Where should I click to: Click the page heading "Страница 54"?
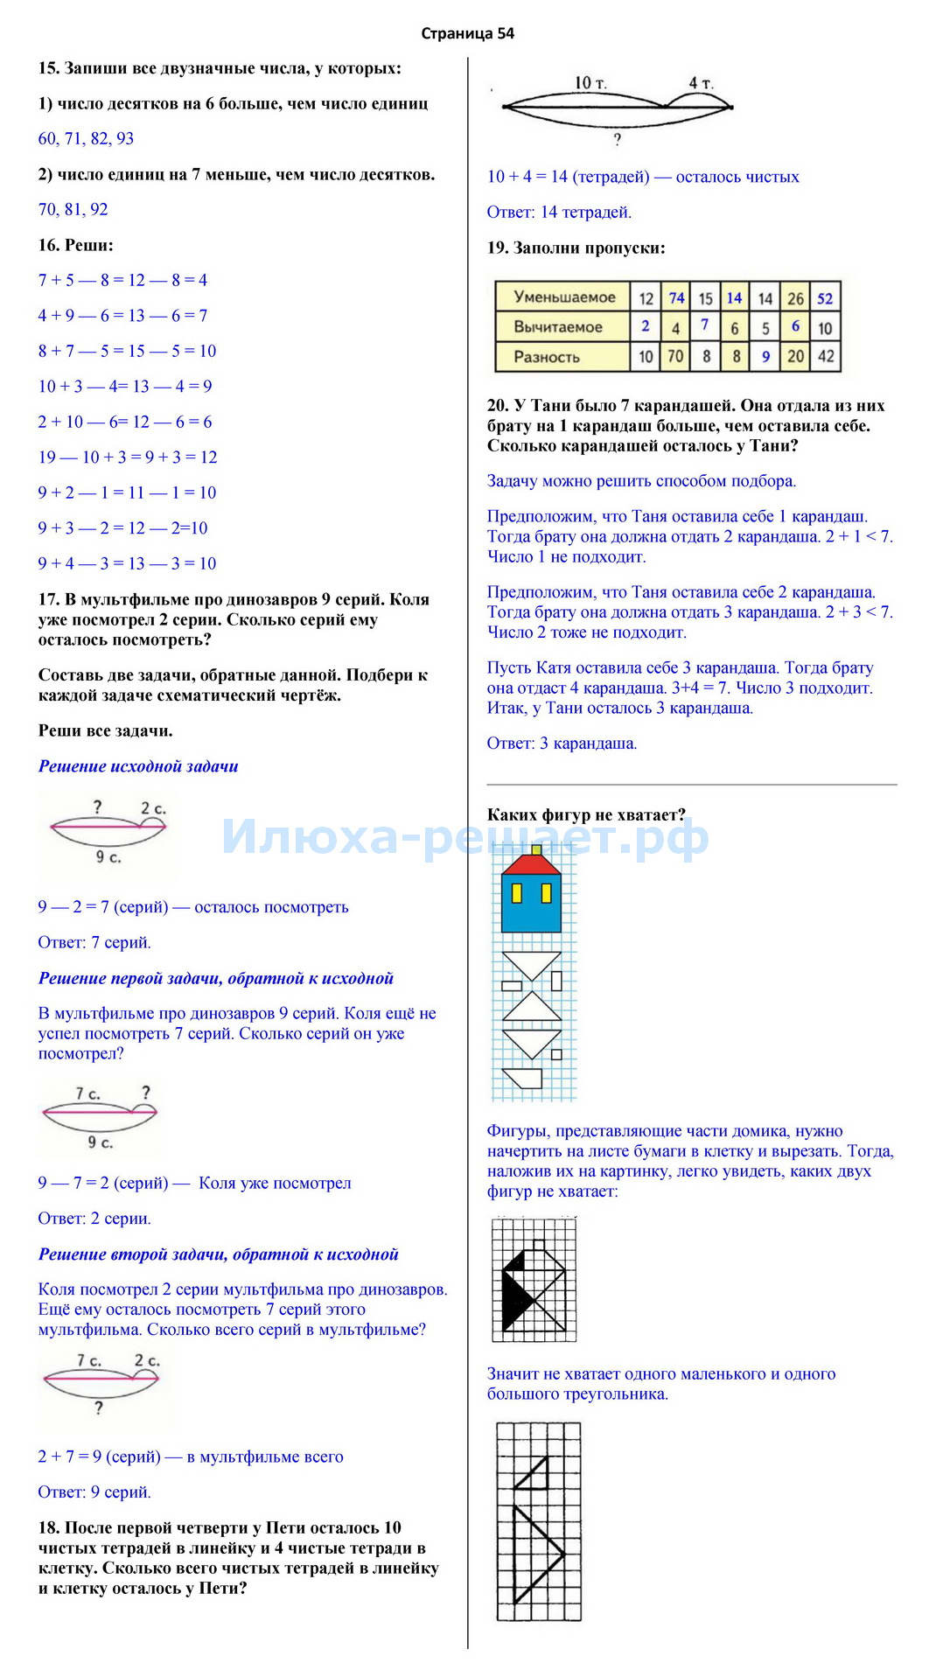[467, 34]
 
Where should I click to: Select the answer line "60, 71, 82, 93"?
[86, 138]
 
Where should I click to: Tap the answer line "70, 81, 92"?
[73, 209]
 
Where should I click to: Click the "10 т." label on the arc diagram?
[590, 83]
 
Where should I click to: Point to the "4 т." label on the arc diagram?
[700, 83]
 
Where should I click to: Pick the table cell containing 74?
[676, 298]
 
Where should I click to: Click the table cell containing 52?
[825, 298]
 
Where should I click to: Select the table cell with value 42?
[825, 357]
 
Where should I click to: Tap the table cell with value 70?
[675, 357]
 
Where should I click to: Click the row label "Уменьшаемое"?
[564, 297]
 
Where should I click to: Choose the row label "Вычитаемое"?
[558, 327]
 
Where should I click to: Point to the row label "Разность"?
[547, 357]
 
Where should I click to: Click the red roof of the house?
[531, 865]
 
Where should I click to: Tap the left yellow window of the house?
[517, 892]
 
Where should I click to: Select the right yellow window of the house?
[547, 892]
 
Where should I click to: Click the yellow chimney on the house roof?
[536, 849]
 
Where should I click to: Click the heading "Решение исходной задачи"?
[138, 766]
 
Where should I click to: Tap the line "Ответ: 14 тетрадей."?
[559, 212]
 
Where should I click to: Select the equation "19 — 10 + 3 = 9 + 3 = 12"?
[128, 457]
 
